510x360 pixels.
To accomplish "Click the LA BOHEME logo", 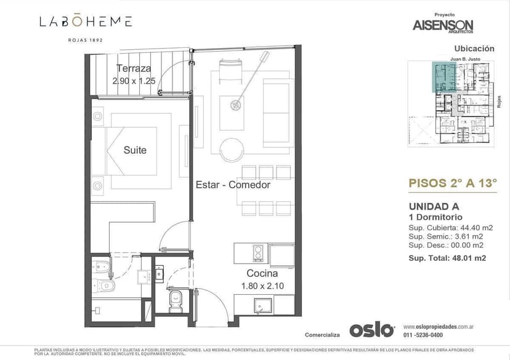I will (x=86, y=22).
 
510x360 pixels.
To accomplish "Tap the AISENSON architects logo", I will (x=443, y=25).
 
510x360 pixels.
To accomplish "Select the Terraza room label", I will (x=134, y=69).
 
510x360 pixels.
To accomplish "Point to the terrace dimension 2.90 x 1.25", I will (x=134, y=81).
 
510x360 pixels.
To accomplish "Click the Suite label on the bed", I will (x=135, y=150).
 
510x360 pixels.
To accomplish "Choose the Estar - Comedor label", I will (x=233, y=185).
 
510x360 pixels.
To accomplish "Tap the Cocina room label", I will (x=262, y=273).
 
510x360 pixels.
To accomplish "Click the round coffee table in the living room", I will (x=233, y=149).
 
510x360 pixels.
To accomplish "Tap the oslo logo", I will (x=371, y=330).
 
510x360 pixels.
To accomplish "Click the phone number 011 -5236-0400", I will (x=423, y=335).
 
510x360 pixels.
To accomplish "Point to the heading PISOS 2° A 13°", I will (x=453, y=182).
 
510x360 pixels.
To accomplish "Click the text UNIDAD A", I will (x=434, y=207).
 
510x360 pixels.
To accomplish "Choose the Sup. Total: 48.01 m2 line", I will (x=447, y=258).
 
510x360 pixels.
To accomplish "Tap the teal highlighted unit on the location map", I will (x=443, y=77).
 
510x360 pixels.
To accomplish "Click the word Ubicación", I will (x=474, y=48).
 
